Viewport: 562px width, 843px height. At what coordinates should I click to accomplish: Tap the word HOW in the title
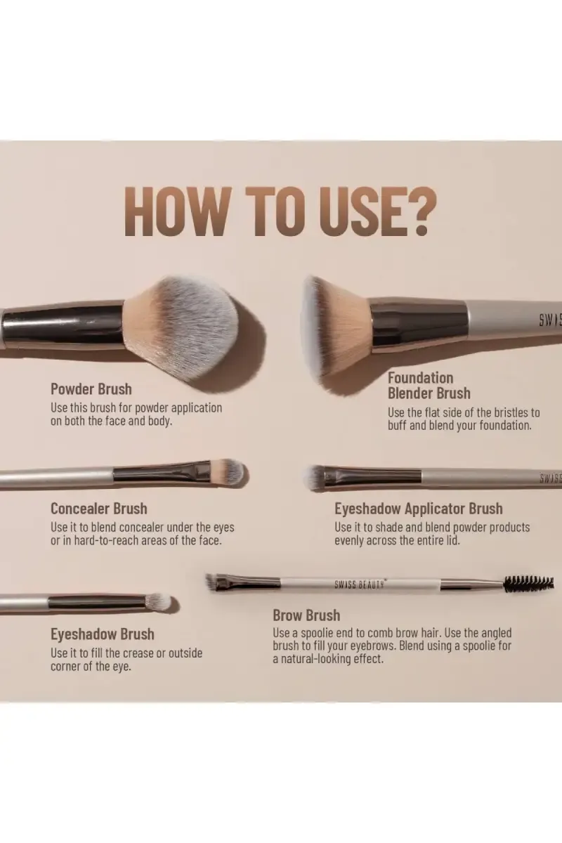click(x=176, y=211)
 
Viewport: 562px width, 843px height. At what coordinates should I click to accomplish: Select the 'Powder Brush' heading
click(x=91, y=389)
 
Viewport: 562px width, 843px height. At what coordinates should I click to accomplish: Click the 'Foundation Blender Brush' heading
click(x=429, y=386)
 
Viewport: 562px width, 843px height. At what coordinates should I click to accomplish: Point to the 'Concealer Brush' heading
click(x=98, y=509)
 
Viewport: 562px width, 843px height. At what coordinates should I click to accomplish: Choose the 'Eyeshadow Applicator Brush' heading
click(x=418, y=509)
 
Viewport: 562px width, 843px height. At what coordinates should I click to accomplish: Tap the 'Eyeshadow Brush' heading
click(x=102, y=634)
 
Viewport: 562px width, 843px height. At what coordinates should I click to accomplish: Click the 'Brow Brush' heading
click(x=306, y=616)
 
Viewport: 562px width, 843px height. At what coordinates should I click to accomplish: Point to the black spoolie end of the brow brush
click(x=528, y=583)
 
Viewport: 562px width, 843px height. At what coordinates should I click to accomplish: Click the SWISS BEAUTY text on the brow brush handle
click(x=359, y=583)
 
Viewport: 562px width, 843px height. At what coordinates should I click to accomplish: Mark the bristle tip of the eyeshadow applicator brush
click(x=315, y=477)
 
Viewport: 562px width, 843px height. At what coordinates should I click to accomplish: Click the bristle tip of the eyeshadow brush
click(x=157, y=601)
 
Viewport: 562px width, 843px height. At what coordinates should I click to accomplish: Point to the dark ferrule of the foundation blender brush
click(x=419, y=324)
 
